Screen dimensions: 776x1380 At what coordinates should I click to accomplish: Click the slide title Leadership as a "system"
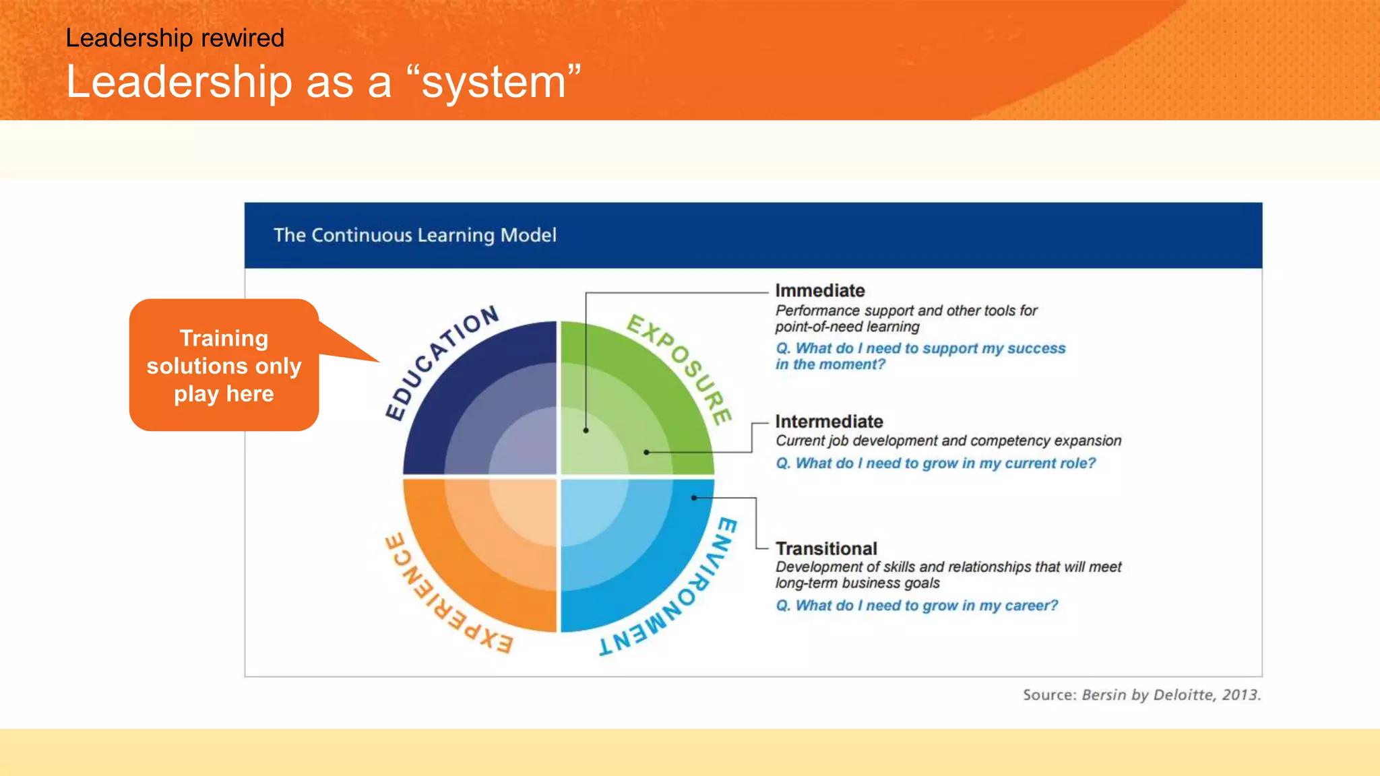tap(323, 82)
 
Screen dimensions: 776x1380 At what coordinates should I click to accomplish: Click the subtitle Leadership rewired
tap(175, 38)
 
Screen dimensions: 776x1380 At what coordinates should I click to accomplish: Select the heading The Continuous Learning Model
tap(414, 235)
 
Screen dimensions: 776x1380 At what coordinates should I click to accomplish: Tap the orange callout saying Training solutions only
tap(224, 365)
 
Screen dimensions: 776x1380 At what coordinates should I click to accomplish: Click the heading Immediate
tap(819, 290)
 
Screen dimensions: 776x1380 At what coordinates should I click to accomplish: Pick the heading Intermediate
tap(829, 421)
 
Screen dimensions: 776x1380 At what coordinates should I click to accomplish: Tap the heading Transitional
tap(826, 548)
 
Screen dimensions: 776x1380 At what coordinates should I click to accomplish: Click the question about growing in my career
tap(916, 606)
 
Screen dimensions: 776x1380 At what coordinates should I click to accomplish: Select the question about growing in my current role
tap(935, 463)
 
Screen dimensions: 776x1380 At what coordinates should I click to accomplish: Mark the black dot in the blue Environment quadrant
tap(694, 498)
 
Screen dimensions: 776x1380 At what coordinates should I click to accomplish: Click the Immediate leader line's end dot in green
tap(586, 430)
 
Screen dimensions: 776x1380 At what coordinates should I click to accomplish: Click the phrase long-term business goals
tap(857, 583)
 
